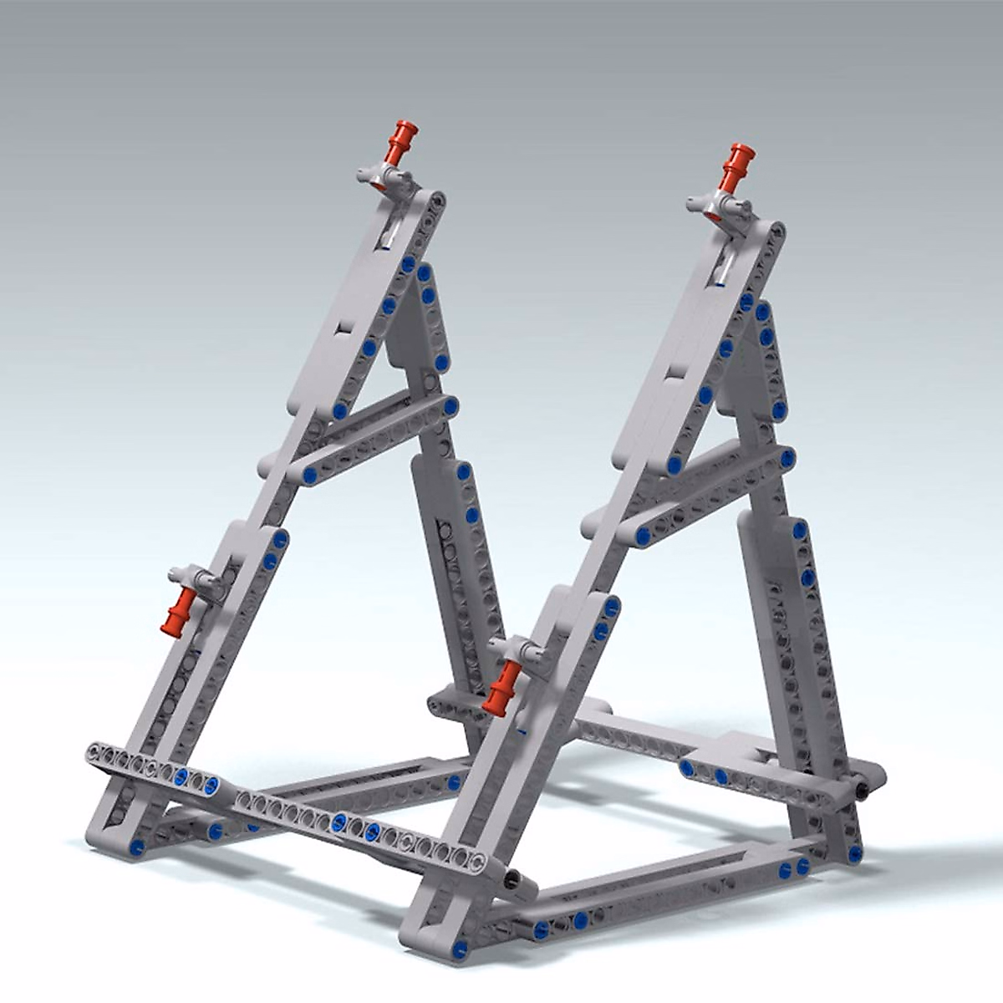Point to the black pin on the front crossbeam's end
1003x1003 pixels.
[511, 879]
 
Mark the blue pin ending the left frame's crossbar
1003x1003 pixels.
[451, 407]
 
